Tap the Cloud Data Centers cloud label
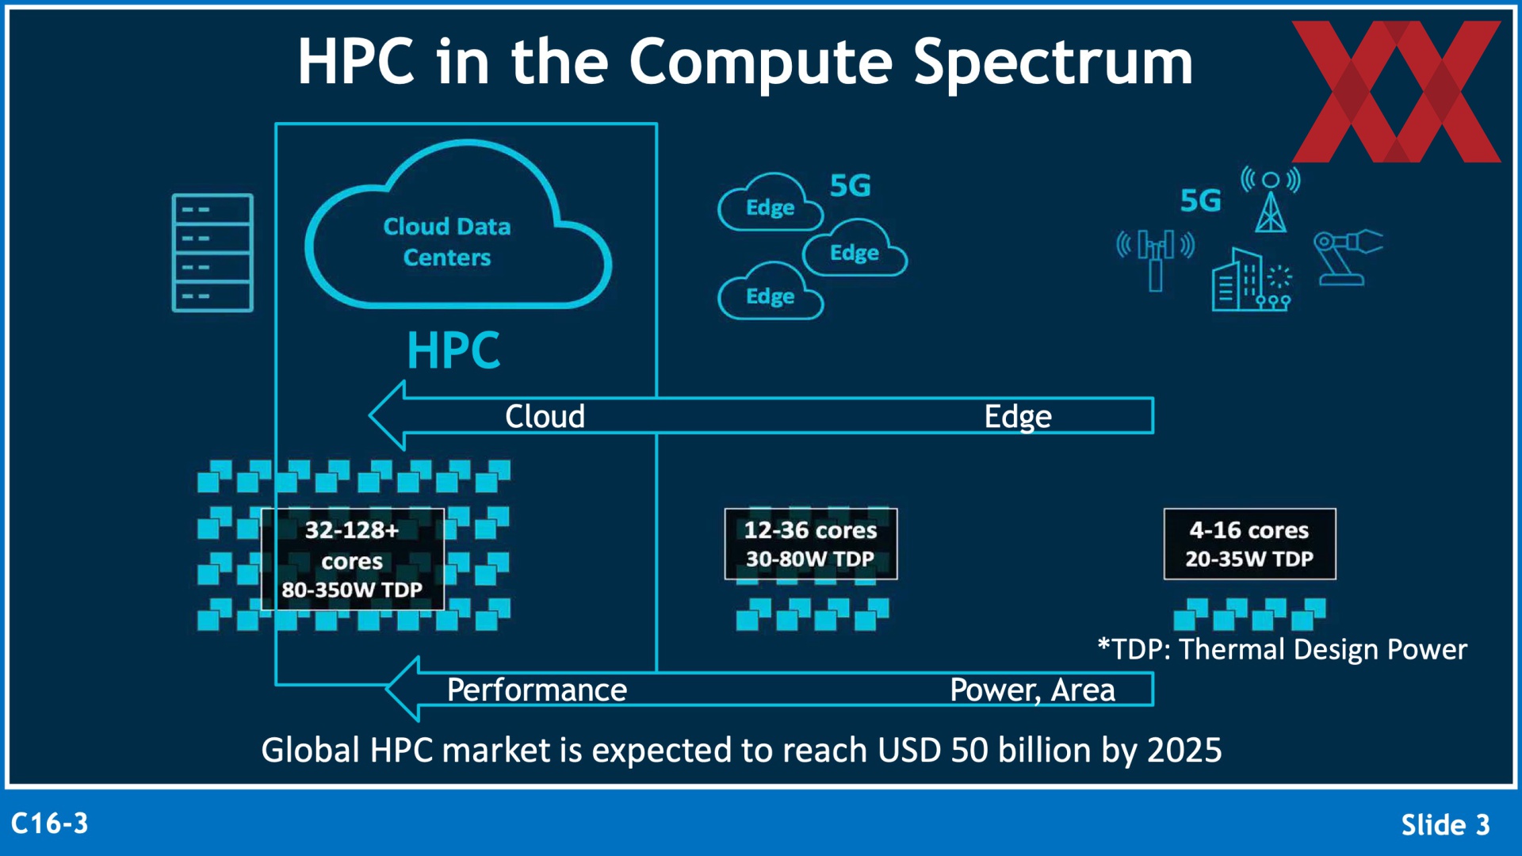tap(447, 242)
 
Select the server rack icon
tap(212, 253)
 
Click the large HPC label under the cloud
tap(453, 350)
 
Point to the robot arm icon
tap(1347, 257)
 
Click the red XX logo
tap(1396, 91)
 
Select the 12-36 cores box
tap(811, 544)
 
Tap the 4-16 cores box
tap(1249, 544)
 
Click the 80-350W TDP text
tap(352, 590)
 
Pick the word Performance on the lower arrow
tap(537, 690)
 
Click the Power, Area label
tap(1032, 690)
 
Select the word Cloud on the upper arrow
tap(545, 416)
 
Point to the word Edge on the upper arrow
tap(1018, 417)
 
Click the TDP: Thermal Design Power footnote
tap(1282, 649)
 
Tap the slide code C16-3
tap(50, 824)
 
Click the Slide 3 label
tap(1445, 825)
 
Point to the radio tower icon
tap(1271, 199)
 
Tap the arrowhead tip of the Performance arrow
tap(386, 689)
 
